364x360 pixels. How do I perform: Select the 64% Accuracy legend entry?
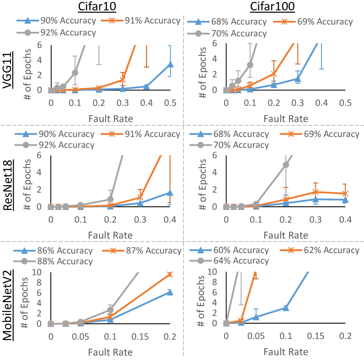(x=235, y=261)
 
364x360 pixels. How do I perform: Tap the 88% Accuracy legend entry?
(x=61, y=261)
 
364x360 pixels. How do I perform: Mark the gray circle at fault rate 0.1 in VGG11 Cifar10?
(x=75, y=72)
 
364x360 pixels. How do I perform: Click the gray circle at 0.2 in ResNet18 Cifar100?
(x=286, y=165)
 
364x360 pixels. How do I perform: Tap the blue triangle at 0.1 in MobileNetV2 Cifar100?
(x=286, y=307)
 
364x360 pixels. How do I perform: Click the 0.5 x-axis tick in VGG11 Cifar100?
(x=345, y=103)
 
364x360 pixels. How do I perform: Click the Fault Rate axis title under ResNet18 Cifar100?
(x=286, y=235)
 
